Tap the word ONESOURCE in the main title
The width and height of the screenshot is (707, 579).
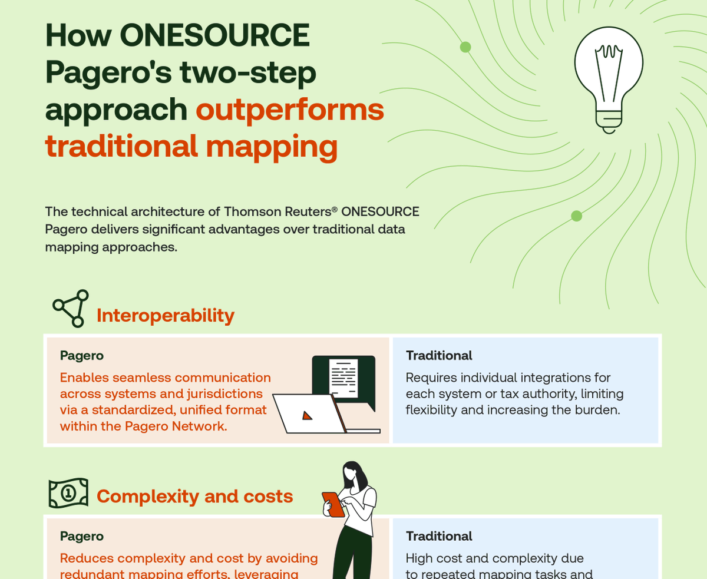coord(215,36)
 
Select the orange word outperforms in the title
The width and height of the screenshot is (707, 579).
coord(289,110)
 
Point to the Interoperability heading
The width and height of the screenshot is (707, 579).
coord(166,316)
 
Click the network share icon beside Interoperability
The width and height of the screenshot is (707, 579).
coord(71,308)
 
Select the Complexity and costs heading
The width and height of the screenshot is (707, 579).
coord(194,497)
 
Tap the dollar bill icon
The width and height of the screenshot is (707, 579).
coord(68,493)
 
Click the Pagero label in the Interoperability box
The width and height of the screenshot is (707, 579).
coord(82,355)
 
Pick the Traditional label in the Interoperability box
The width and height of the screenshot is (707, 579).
coord(439,355)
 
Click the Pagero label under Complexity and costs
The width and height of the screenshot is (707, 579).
coord(82,536)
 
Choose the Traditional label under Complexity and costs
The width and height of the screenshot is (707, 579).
coord(439,536)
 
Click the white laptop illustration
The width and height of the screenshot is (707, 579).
coord(309,413)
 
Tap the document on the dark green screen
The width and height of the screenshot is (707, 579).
coord(343,377)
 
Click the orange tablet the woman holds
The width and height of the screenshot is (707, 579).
coord(333,505)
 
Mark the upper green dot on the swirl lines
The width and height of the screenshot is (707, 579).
coord(465,47)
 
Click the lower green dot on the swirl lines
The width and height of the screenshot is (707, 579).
coord(577,216)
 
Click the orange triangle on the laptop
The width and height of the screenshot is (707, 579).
coord(307,415)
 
